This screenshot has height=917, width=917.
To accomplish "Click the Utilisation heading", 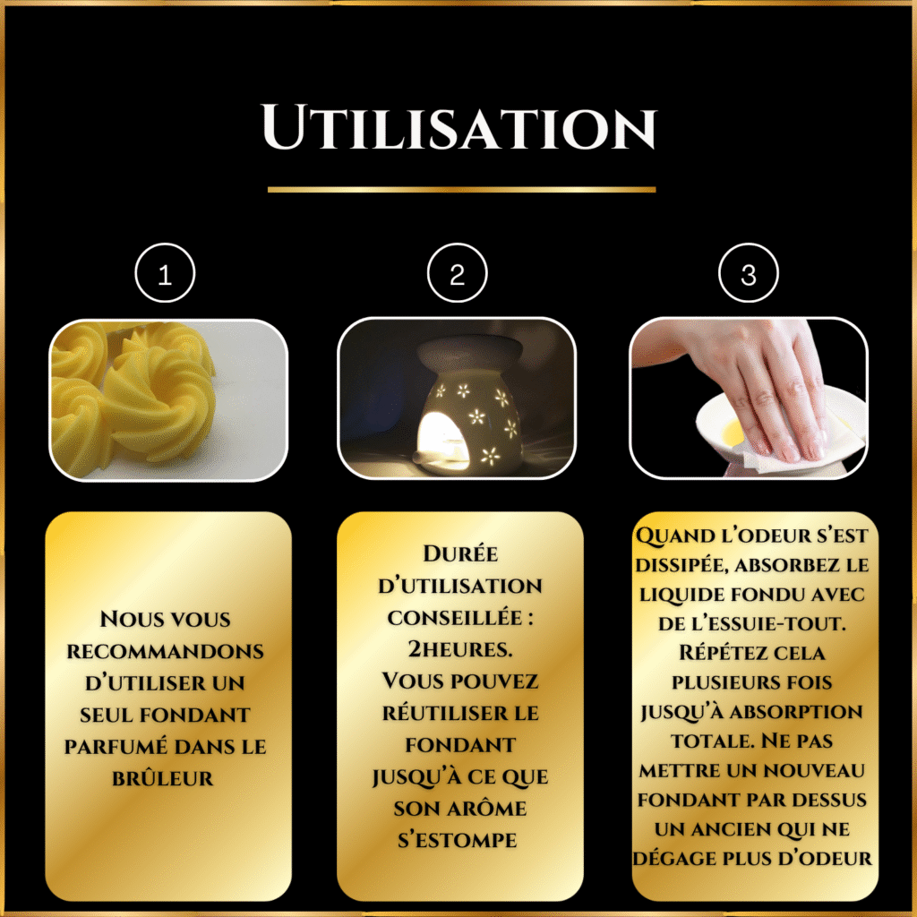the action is point(459,127).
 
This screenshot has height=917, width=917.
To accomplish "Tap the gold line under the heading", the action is point(461,190).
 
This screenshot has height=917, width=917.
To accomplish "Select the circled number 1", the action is point(165,273).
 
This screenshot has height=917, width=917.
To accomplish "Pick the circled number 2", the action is point(457,273).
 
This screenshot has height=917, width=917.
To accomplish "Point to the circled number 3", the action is point(748,273).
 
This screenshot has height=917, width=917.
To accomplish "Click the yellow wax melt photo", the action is point(168,400).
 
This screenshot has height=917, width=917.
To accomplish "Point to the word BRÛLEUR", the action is point(163,778).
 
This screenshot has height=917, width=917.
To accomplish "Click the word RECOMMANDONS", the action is point(165,652).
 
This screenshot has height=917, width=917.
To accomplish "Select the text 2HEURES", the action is point(459,649).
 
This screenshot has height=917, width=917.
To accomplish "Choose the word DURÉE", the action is point(460,553).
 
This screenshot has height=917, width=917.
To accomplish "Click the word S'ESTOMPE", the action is point(458,840).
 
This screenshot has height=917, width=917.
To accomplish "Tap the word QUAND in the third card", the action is point(675,536).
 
